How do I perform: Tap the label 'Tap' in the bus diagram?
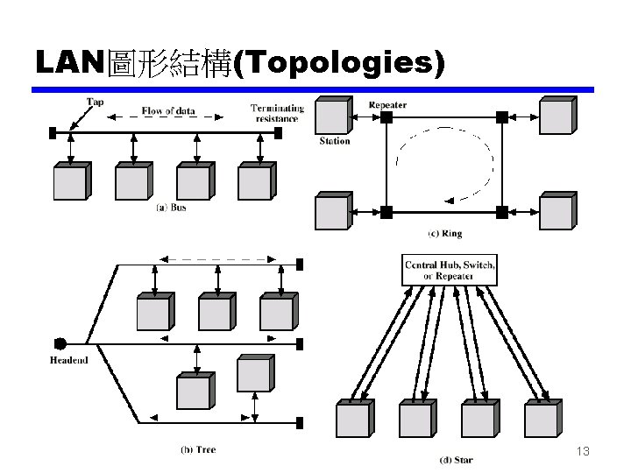coord(95,102)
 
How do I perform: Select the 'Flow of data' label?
coord(168,111)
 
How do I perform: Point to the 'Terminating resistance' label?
coord(277,113)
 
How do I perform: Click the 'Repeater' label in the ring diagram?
coord(387,105)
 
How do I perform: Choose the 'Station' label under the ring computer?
coord(334,141)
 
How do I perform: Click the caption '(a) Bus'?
coord(171,208)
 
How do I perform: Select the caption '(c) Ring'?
coord(444,234)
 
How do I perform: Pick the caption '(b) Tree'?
coord(198,450)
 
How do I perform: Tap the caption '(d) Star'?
coord(456,459)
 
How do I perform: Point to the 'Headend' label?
coord(68,360)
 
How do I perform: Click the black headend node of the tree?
coord(60,342)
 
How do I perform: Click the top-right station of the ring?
coord(557,116)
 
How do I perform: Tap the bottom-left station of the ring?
coord(332,213)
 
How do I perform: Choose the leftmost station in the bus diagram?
coord(70,181)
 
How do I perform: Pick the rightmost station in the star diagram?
coord(542,419)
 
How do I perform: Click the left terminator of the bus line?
coord(53,133)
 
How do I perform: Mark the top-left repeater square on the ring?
coord(386,116)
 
